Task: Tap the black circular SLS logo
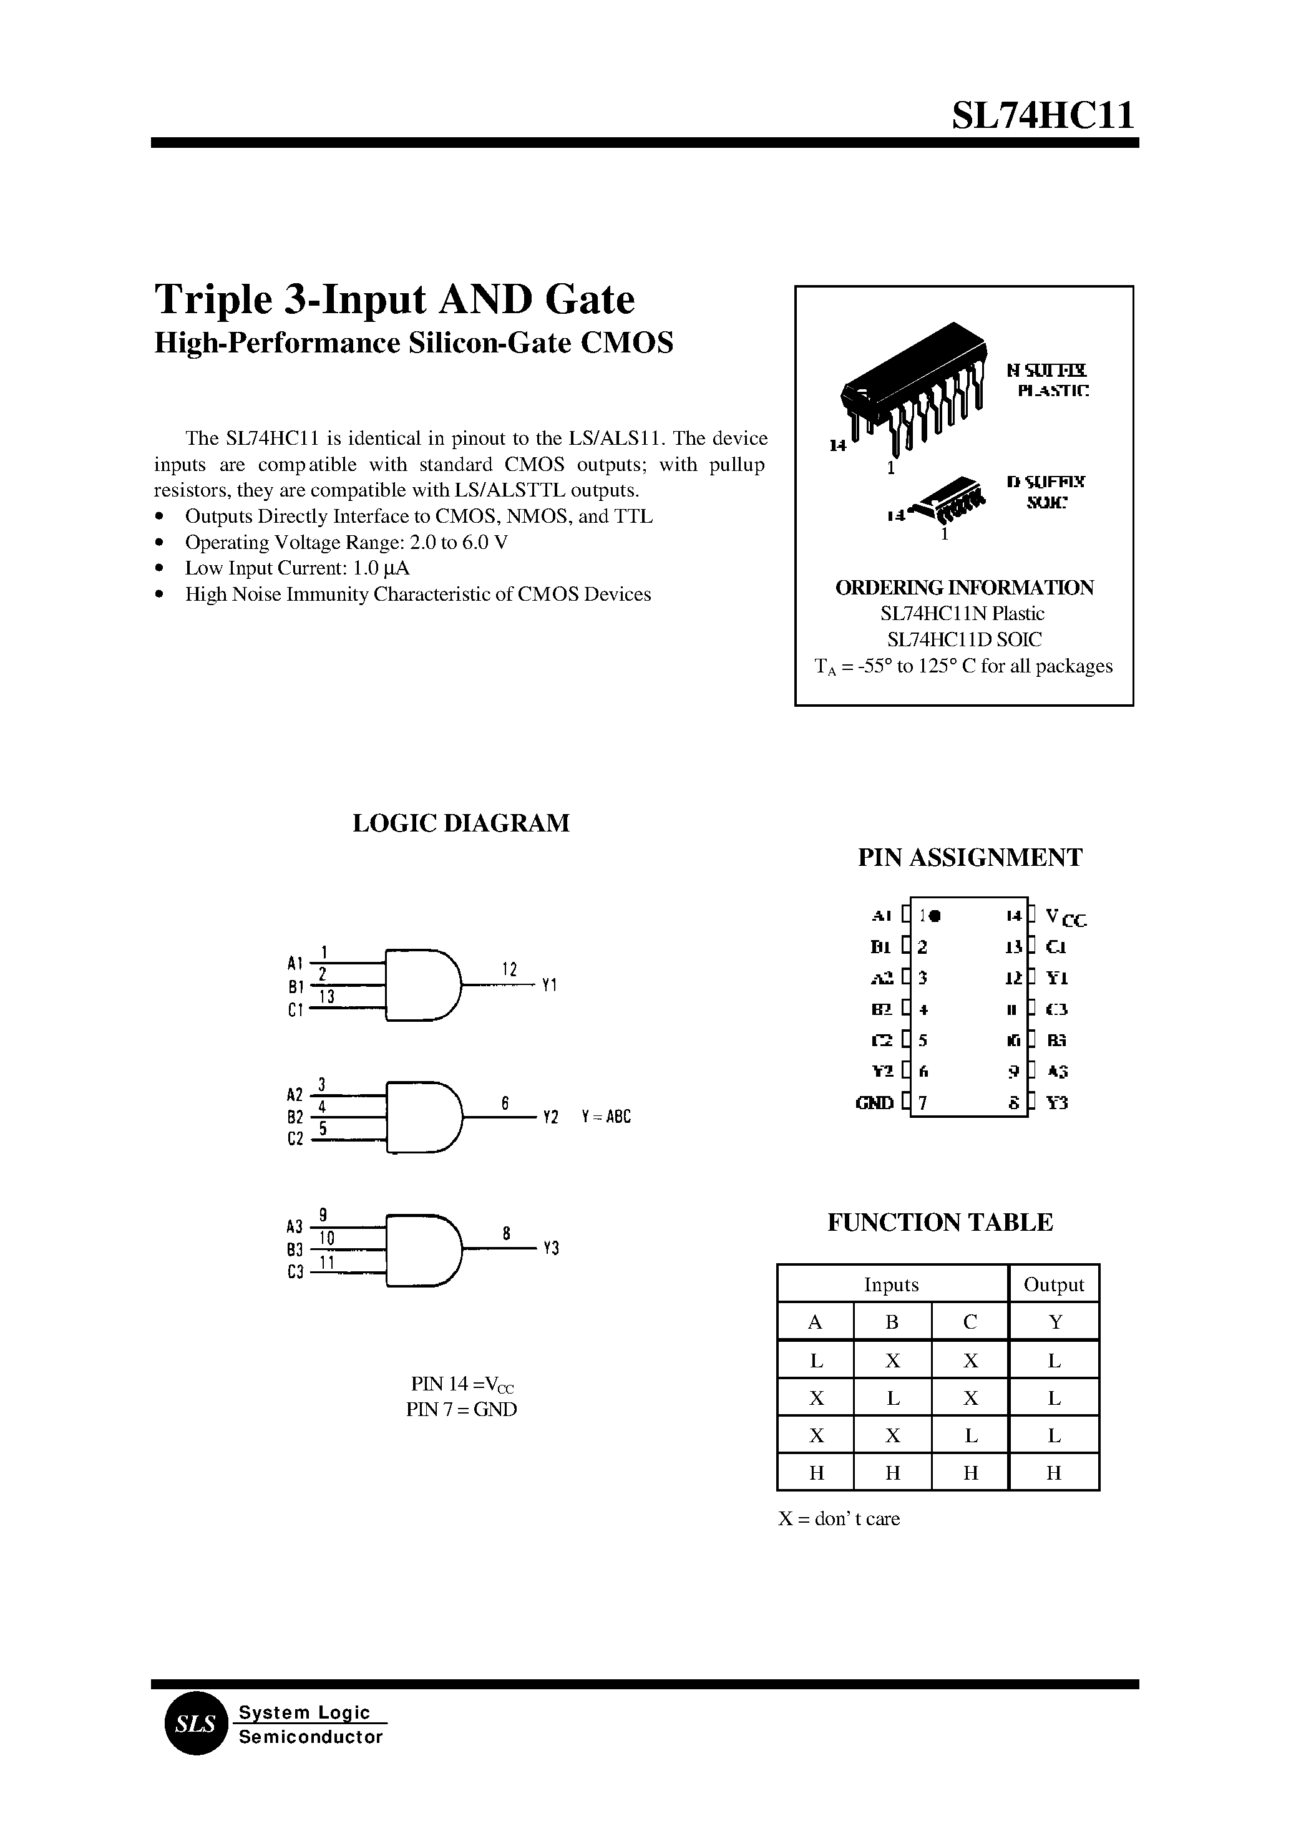coord(195,1724)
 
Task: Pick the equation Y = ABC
coord(606,1117)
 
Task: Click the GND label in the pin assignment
coord(874,1103)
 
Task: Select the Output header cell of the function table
coord(1053,1284)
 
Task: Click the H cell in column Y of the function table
coord(1053,1473)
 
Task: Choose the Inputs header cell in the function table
coord(891,1284)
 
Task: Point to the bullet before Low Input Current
coord(160,569)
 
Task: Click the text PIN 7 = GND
coord(461,1409)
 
